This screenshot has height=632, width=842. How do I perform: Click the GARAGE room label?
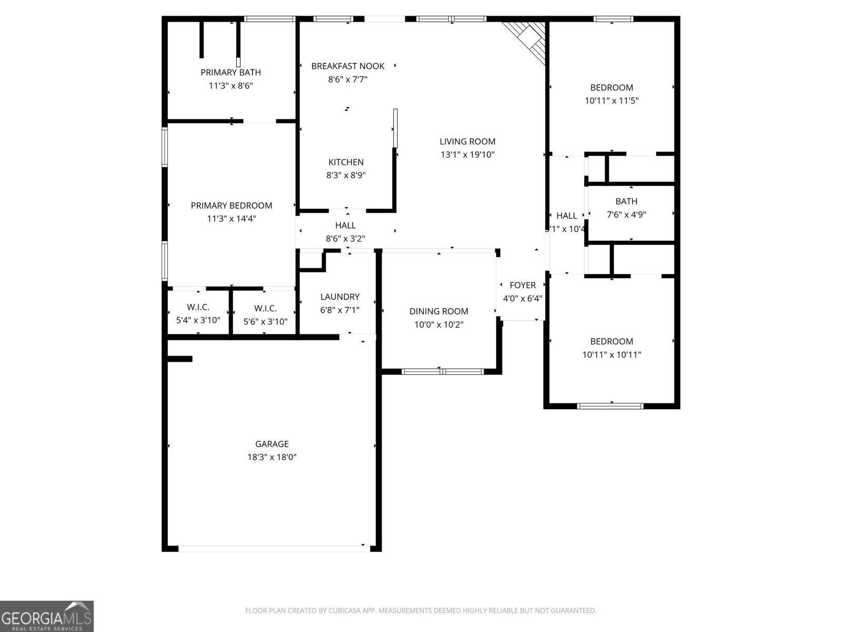[272, 444]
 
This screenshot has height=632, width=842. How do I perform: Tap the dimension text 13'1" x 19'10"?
[467, 155]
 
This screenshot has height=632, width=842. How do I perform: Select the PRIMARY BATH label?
[230, 72]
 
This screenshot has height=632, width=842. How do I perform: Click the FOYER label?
[523, 285]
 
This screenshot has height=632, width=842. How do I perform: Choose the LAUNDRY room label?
[339, 297]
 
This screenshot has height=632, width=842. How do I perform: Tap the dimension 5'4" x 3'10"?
[198, 320]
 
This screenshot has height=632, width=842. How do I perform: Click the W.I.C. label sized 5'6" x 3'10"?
[265, 308]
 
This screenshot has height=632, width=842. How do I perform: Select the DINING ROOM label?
[438, 311]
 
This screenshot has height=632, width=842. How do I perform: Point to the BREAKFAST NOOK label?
[347, 66]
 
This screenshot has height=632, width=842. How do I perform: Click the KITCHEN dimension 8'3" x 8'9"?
[346, 175]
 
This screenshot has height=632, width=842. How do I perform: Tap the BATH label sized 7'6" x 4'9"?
[626, 201]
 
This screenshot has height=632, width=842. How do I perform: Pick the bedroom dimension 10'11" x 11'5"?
[612, 101]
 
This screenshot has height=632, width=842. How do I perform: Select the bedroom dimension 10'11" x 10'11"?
[612, 355]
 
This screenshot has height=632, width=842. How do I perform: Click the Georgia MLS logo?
[46, 616]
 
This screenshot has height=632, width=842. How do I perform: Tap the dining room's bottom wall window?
[442, 372]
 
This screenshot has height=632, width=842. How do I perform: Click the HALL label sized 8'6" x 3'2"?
[345, 225]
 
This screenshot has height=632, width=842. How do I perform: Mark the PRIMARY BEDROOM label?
[231, 205]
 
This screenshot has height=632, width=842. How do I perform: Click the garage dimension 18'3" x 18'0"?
[272, 457]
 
